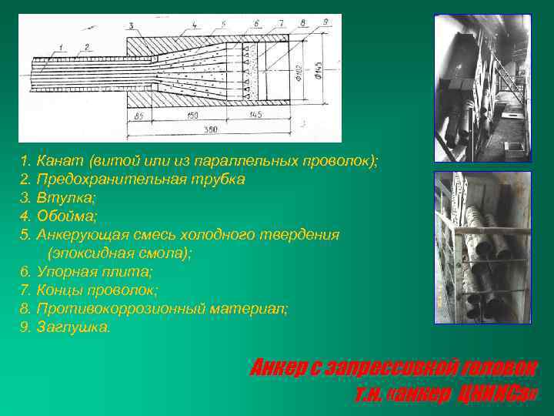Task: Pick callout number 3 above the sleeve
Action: click(x=131, y=25)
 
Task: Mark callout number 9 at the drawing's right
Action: click(x=326, y=22)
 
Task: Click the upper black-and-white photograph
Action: click(x=482, y=88)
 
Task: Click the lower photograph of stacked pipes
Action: click(x=482, y=247)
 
